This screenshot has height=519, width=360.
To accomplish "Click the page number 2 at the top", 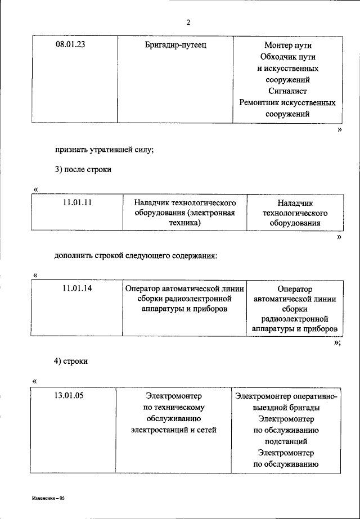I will click(x=188, y=22).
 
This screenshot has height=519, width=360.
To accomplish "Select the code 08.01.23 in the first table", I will click(x=71, y=45).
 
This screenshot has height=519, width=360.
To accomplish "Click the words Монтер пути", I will click(x=287, y=46).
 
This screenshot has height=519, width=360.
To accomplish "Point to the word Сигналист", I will click(x=287, y=91).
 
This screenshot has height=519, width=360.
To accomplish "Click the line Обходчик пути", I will click(x=287, y=57).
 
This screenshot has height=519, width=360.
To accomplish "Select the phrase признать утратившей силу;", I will click(x=104, y=150).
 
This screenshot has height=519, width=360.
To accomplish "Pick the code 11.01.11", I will click(x=78, y=202).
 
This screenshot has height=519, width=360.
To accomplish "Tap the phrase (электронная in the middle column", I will click(x=211, y=213).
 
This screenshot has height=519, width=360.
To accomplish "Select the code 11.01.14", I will click(x=78, y=288).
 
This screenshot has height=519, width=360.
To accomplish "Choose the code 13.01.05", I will click(x=69, y=396).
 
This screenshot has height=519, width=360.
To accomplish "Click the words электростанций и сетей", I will click(x=173, y=430).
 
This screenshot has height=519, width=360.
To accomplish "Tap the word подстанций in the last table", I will click(x=286, y=441).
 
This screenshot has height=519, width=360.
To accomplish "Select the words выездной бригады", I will click(x=286, y=407).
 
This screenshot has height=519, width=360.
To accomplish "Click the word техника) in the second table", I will click(x=184, y=223).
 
